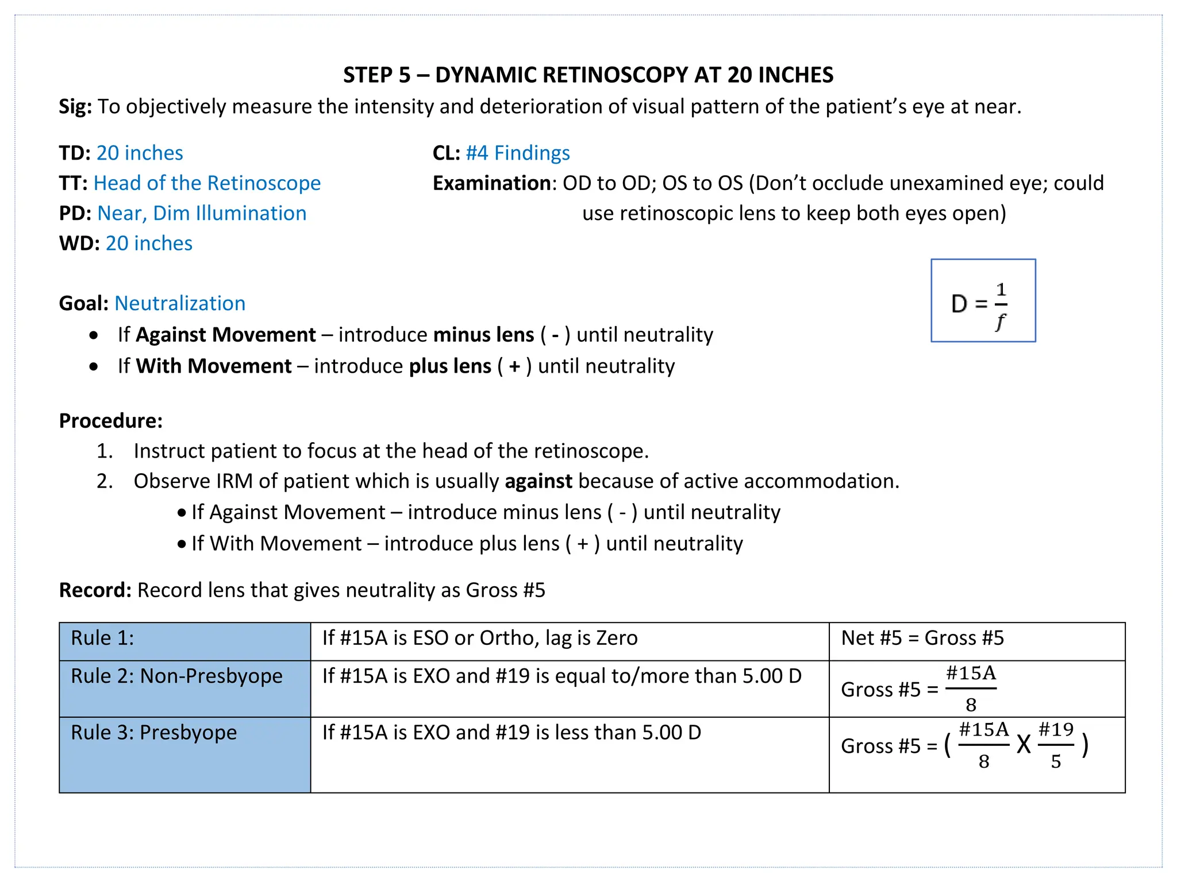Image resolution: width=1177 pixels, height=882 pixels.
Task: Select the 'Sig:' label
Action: coord(75,107)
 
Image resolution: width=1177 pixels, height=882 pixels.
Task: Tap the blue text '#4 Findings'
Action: coord(517,153)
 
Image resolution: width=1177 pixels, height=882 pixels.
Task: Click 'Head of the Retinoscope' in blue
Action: coord(207,183)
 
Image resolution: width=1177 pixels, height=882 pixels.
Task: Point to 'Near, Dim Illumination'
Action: coord(202,214)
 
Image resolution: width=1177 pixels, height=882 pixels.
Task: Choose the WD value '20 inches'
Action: coord(149,243)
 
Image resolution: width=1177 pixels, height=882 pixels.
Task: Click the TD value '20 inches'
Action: coord(140,153)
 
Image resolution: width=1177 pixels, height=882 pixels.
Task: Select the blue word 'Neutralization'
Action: coord(180,304)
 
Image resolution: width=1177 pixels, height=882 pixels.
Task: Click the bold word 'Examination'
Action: coord(491,183)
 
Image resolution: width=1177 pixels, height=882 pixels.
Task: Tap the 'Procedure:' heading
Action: coord(111,421)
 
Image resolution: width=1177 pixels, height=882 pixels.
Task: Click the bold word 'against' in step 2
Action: coord(538,481)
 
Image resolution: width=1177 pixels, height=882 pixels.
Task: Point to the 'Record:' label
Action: coord(95,590)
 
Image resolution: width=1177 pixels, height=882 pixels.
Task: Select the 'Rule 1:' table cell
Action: coord(184,641)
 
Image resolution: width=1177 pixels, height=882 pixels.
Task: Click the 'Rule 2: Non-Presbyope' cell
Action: coord(184,688)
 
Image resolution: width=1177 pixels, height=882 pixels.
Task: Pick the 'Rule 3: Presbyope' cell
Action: coord(184,754)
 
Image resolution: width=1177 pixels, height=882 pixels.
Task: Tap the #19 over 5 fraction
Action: coord(1055,745)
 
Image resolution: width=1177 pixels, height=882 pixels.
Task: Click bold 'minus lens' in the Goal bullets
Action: coord(483,335)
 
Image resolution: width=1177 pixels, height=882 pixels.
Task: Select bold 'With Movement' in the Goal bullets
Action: coord(214,366)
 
